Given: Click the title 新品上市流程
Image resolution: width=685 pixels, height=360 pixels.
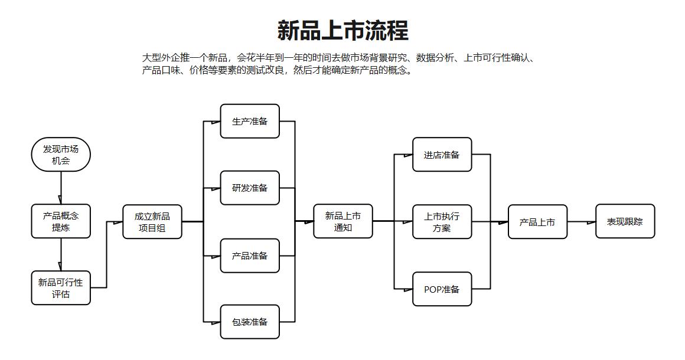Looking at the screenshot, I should (342, 31).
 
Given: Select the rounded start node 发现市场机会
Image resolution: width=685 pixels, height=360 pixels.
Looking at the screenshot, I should (61, 155).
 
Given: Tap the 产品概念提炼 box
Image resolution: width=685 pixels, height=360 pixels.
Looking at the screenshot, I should (61, 221).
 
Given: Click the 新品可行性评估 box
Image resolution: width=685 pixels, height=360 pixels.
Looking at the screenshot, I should (61, 288).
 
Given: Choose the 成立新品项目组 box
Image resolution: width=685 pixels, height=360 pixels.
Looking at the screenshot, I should (152, 222).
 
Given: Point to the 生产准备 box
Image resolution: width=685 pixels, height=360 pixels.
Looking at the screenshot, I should (250, 122).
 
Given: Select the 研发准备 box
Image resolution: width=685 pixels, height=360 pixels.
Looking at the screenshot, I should (250, 188).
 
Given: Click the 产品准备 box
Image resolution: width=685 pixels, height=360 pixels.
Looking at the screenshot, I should (250, 256).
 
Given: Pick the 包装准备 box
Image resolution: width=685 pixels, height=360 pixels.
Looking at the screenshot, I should (250, 322).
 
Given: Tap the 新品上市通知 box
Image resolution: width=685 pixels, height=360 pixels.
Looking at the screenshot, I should (343, 221).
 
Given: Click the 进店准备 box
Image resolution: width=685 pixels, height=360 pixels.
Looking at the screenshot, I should (442, 155).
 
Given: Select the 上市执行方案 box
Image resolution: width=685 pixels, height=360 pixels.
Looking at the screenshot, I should (442, 222).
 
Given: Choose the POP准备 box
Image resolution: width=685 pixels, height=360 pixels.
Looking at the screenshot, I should (442, 289).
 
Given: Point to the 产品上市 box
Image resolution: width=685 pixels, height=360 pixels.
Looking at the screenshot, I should (537, 222).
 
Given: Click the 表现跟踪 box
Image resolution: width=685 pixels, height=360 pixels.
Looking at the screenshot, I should (625, 221).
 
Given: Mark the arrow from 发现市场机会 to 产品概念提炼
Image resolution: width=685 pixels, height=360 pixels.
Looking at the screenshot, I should (61, 188).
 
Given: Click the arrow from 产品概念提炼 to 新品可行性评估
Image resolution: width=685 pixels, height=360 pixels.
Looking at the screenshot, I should (61, 254).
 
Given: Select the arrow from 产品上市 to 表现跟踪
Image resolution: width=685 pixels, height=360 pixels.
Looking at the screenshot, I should (582, 222).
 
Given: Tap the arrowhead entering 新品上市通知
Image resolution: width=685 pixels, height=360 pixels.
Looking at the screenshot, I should (309, 222).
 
